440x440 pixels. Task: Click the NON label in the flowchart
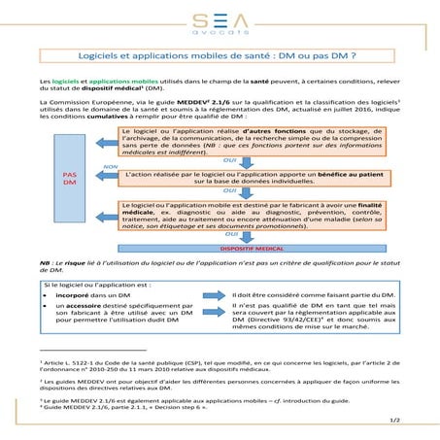tap(110, 167)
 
